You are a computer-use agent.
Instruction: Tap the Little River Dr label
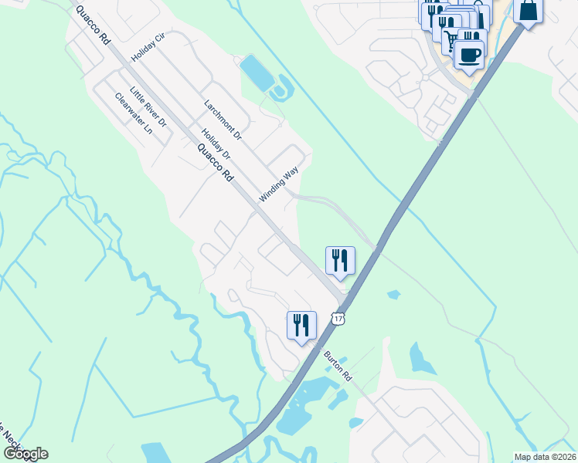tap(148, 106)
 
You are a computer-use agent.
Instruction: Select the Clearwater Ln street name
tap(133, 113)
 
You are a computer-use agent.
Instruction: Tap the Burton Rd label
tap(338, 365)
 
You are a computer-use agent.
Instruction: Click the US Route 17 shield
tap(338, 318)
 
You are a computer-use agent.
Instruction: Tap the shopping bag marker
tap(528, 11)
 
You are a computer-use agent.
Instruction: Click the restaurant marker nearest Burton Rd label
tap(301, 324)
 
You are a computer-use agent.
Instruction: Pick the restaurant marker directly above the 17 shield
tap(340, 261)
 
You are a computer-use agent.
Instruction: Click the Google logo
tap(25, 454)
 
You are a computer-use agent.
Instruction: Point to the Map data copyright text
tap(545, 457)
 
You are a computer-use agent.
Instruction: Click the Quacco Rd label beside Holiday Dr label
tap(215, 163)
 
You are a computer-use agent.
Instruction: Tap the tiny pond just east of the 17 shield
tap(393, 294)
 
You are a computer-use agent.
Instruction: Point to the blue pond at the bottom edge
tap(156, 453)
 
